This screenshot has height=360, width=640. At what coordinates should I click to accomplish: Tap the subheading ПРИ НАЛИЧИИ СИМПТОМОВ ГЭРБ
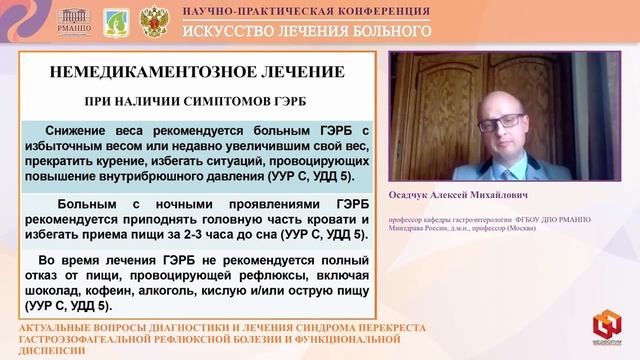point(197,103)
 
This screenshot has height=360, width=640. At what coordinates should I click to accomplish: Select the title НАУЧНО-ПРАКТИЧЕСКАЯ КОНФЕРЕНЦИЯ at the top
point(307,11)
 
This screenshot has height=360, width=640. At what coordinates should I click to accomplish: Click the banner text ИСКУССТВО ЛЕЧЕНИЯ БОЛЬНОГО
point(307,29)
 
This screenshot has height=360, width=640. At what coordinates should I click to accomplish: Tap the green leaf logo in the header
point(115,19)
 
